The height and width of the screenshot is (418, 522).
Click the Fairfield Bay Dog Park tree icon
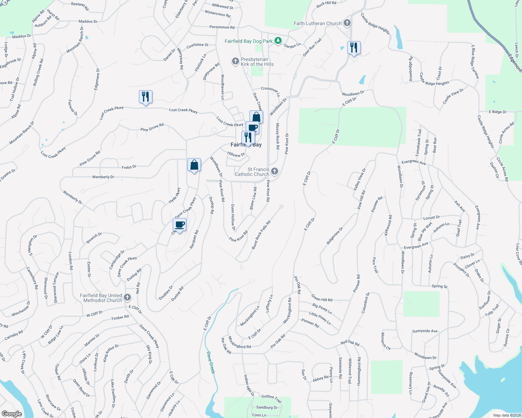coord(278,41)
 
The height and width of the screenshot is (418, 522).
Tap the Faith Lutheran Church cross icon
coord(347,23)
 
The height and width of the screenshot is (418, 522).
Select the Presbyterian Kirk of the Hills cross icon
coord(236,62)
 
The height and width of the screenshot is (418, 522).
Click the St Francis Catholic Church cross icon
coord(275,171)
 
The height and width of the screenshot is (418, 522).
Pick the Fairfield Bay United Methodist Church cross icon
coord(127,297)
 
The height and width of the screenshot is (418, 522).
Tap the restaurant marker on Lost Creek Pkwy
coord(146,97)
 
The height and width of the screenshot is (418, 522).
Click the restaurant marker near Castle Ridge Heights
coord(354,48)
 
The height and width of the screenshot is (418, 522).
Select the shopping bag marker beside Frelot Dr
coord(194,165)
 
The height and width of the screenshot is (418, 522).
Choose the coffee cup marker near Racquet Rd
coord(180,225)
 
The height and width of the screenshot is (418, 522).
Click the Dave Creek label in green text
coord(210,362)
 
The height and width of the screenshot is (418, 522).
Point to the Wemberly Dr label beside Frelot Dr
coord(103,177)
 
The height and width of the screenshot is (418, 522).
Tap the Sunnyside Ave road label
coord(425,331)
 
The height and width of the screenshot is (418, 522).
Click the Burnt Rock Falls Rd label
coord(261,235)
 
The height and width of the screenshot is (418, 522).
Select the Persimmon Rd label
coord(222,27)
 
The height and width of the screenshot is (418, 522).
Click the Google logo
coord(12,413)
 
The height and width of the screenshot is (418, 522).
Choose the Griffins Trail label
coord(271,398)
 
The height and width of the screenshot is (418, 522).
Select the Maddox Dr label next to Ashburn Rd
coord(88,22)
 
